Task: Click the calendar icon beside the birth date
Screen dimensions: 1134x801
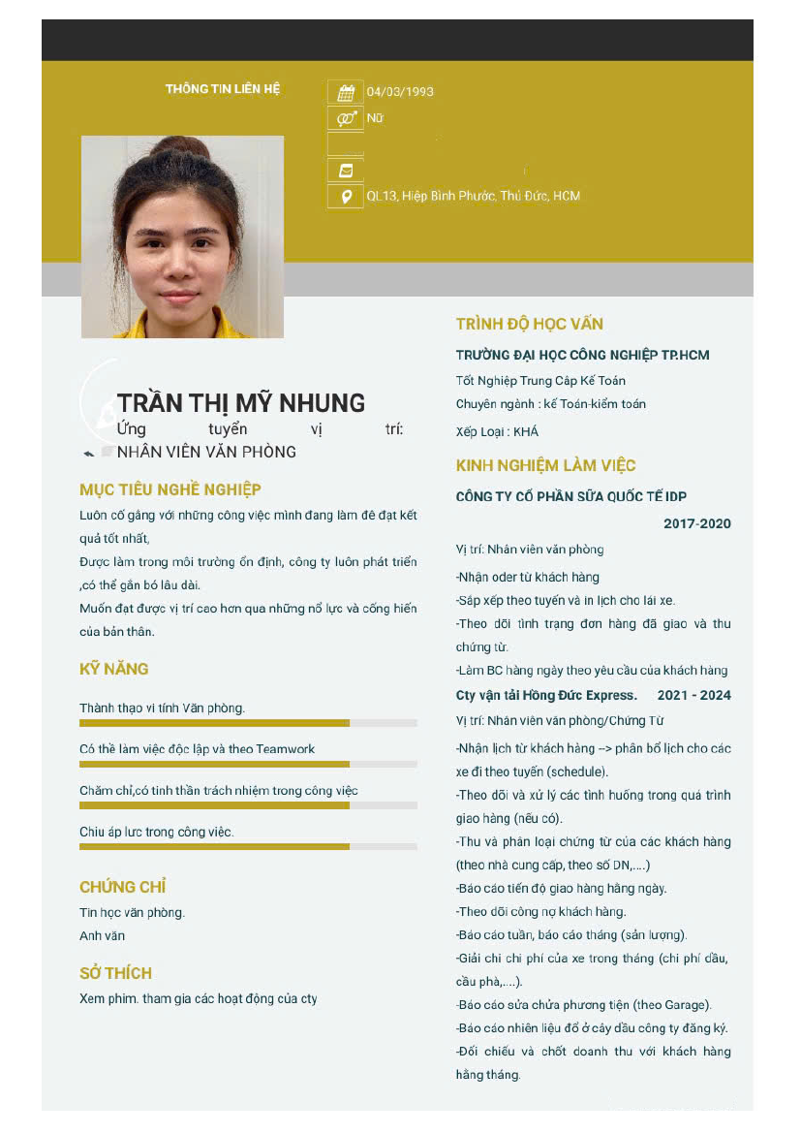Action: pyautogui.click(x=346, y=93)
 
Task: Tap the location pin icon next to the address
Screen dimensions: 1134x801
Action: pyautogui.click(x=346, y=197)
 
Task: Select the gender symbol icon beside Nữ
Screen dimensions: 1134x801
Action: pyautogui.click(x=346, y=118)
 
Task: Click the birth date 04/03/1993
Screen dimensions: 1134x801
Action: pyautogui.click(x=400, y=92)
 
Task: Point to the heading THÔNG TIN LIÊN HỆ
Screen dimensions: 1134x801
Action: pyautogui.click(x=223, y=89)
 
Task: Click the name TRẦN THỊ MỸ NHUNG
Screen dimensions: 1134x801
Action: pyautogui.click(x=241, y=403)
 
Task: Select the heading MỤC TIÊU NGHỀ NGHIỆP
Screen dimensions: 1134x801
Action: pyautogui.click(x=170, y=489)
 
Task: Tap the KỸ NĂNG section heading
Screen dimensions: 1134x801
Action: pyautogui.click(x=114, y=669)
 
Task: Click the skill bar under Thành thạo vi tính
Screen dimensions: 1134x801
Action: pyautogui.click(x=214, y=723)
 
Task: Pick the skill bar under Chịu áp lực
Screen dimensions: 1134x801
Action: pyautogui.click(x=214, y=847)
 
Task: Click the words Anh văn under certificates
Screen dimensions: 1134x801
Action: pyautogui.click(x=102, y=936)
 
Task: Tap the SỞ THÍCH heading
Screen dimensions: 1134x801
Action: pyautogui.click(x=115, y=973)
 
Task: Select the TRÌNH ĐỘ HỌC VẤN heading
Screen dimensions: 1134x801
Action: pyautogui.click(x=530, y=324)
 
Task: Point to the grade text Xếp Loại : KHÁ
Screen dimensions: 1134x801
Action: pyautogui.click(x=497, y=432)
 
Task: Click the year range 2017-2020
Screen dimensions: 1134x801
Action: pyautogui.click(x=697, y=524)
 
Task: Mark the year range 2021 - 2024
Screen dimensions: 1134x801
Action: pyautogui.click(x=693, y=696)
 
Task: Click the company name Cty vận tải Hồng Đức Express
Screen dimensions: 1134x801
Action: pyautogui.click(x=546, y=696)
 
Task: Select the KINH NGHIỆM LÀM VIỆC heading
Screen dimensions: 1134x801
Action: pyautogui.click(x=545, y=465)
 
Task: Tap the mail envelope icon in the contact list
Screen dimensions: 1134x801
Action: pyautogui.click(x=346, y=171)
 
